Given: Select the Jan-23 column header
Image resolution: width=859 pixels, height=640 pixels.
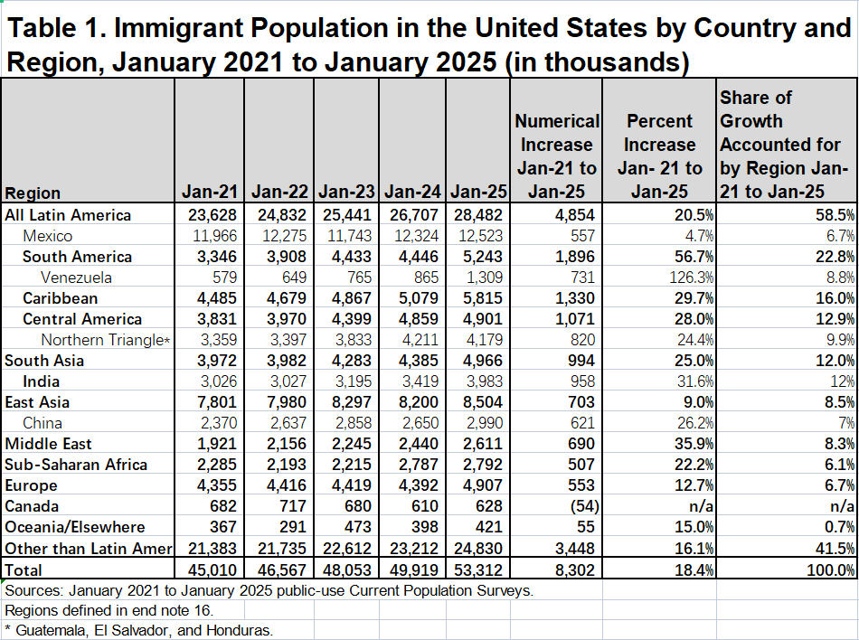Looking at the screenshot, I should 347,192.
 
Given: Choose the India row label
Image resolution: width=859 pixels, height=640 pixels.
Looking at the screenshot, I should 42,381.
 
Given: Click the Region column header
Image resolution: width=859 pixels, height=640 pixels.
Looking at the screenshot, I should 33,193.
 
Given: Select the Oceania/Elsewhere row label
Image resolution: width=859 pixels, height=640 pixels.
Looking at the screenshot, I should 75,527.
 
